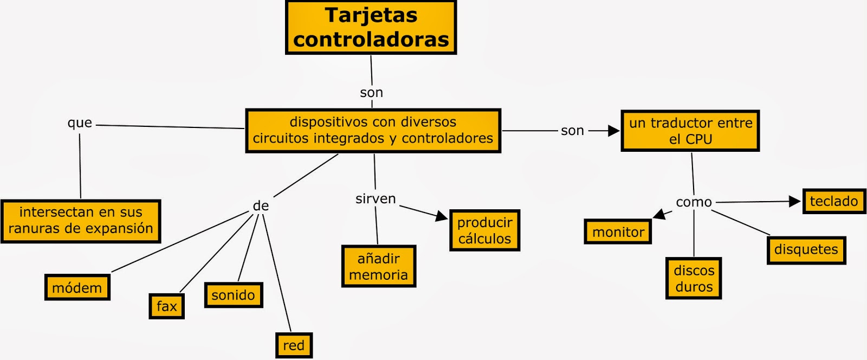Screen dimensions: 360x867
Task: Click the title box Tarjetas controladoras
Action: coord(371,27)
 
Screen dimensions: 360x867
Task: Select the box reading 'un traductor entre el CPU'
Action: coord(690,131)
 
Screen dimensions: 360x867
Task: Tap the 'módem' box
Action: coord(77,287)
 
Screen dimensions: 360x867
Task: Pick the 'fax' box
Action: coord(167,306)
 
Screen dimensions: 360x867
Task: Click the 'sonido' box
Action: coord(234,295)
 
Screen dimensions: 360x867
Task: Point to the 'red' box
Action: coord(294,345)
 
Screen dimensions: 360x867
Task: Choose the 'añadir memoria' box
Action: coord(379,266)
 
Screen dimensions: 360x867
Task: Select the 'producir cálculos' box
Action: coord(484,230)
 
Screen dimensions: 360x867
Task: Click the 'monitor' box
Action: coord(618,232)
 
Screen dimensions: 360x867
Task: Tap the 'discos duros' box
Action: coord(694,278)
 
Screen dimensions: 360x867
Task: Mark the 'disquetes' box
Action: coord(806,250)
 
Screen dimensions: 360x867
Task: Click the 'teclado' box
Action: coord(834,201)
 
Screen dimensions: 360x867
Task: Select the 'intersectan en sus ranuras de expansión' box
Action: coord(81,221)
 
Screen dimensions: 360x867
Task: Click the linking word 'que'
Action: coord(80,123)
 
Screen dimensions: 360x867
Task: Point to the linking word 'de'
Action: coord(261,206)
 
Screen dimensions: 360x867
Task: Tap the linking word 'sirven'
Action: coord(376,199)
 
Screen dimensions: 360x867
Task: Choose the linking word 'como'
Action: coord(694,202)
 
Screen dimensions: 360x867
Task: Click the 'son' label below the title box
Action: coord(372,93)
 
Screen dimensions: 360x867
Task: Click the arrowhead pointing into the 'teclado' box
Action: coord(795,202)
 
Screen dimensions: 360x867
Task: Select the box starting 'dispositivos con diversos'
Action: coord(373,131)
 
